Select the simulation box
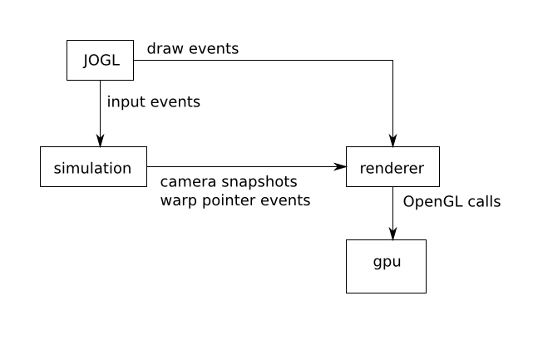coord(92,167)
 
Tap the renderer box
coord(392,167)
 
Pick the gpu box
coord(386,266)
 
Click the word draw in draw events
coord(165,48)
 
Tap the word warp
coord(178,200)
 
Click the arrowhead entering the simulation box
coord(100,141)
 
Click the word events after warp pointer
coord(287,200)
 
